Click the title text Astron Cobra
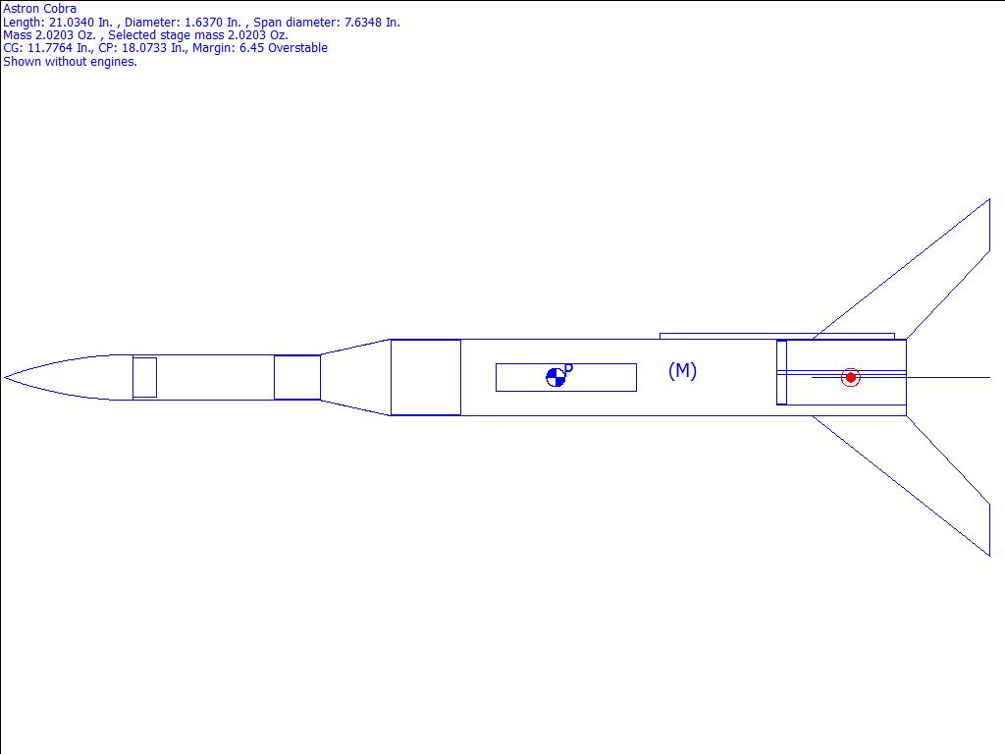[39, 8]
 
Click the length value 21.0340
[72, 22]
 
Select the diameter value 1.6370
[203, 22]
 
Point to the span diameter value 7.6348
[363, 22]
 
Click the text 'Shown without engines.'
[70, 62]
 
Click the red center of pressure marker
[851, 378]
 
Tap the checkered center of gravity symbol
[555, 378]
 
